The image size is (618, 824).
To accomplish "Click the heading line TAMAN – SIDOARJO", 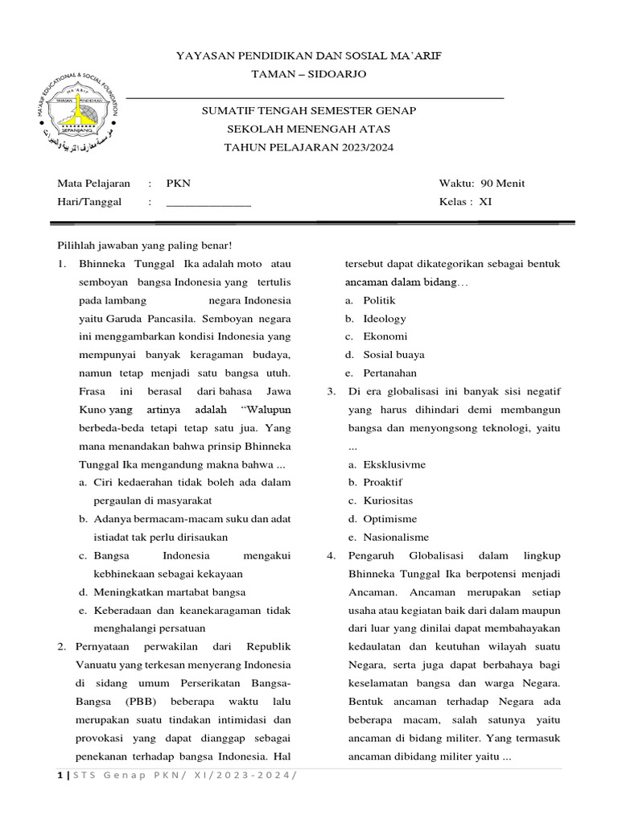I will (x=308, y=74).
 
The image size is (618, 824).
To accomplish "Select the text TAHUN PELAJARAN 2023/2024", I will (x=308, y=148).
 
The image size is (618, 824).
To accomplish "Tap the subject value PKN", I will (x=178, y=183).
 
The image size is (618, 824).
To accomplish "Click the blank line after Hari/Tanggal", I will (x=208, y=203).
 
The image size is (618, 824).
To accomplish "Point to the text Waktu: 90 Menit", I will (x=481, y=183).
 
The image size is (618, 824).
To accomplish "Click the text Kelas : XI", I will (x=464, y=202).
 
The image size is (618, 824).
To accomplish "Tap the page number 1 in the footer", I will (x=59, y=774).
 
